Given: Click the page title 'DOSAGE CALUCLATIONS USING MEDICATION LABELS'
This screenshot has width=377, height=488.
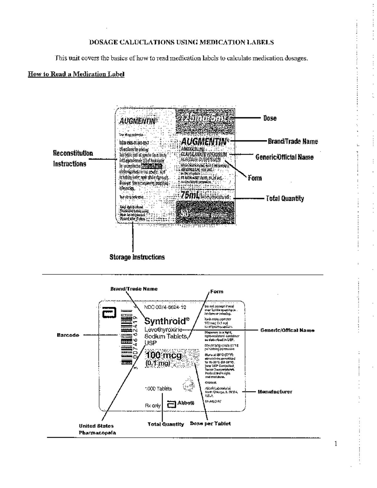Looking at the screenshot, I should [x=182, y=42].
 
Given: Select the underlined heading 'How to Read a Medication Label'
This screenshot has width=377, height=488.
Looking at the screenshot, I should [x=76, y=74].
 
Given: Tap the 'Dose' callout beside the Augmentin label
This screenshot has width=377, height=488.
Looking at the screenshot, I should [x=270, y=118].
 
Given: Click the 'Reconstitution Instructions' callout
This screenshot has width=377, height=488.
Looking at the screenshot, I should [x=73, y=159].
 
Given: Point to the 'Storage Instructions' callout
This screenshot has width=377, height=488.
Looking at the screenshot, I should [x=137, y=257].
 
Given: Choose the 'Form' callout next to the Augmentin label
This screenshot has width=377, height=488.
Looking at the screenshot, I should [x=254, y=178].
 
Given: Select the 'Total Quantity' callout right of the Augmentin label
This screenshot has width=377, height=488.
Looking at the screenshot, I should [x=285, y=199].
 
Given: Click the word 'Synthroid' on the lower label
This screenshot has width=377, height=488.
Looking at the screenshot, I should [x=165, y=321].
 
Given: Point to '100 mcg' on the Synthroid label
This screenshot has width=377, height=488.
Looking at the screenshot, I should [x=164, y=355].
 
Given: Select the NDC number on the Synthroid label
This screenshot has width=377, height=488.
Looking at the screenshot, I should [x=165, y=307].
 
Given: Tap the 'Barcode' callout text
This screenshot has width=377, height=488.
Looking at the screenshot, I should [x=68, y=335].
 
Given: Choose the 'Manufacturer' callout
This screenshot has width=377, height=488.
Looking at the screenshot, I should [x=275, y=392].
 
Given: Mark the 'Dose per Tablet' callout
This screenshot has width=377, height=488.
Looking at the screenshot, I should [x=210, y=424].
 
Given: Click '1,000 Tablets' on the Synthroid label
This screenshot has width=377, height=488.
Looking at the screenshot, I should [x=159, y=389].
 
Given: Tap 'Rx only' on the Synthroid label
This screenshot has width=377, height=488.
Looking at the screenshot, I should [x=153, y=405].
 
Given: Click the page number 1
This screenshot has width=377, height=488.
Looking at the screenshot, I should [x=336, y=444].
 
